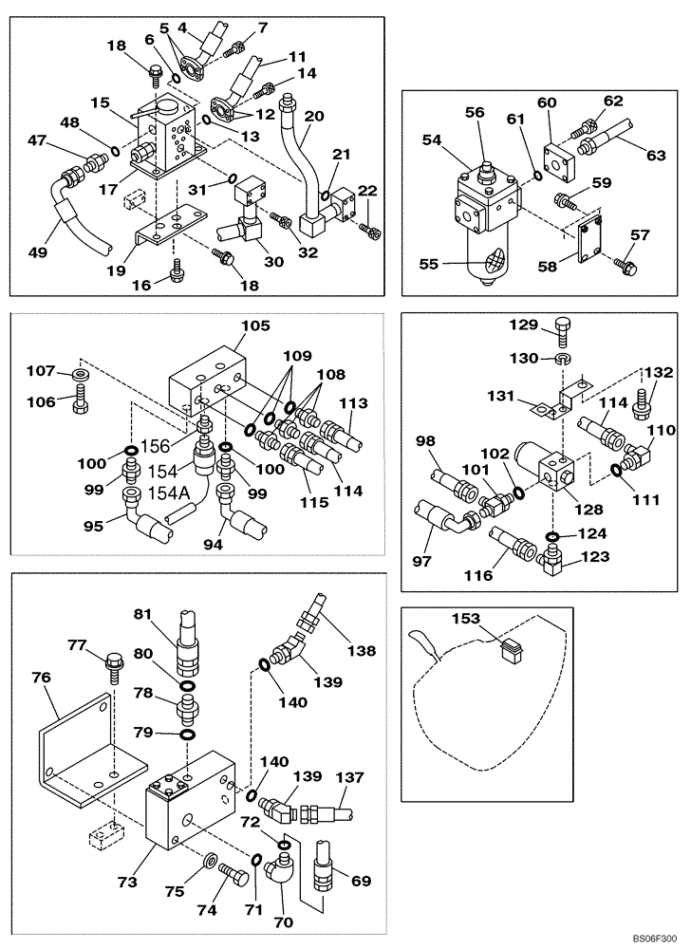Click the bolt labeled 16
click(176, 273)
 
